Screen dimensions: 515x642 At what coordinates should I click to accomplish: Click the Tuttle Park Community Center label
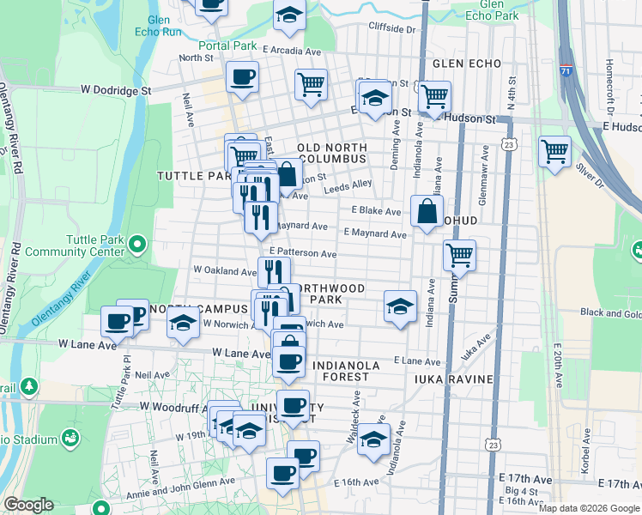(74, 245)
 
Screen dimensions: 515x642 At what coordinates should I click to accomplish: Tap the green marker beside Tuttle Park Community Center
(137, 246)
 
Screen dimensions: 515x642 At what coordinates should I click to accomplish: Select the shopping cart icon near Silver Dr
(555, 152)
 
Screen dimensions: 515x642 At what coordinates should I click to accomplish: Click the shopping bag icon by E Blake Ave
(427, 210)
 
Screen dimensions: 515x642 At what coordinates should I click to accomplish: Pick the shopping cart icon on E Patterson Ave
(460, 255)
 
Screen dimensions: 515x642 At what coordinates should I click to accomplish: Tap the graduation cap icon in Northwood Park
(399, 306)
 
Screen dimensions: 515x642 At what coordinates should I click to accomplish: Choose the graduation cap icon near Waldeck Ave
(373, 439)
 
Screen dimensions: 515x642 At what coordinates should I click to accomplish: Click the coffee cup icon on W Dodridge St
(242, 77)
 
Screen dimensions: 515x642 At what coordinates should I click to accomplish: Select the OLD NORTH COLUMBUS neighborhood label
(331, 153)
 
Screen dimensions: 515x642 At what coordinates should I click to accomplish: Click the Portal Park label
(227, 45)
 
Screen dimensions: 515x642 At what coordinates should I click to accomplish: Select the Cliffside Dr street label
(391, 28)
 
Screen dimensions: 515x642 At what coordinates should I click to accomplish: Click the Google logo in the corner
(28, 505)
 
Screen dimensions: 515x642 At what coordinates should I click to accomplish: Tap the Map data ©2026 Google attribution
(589, 508)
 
